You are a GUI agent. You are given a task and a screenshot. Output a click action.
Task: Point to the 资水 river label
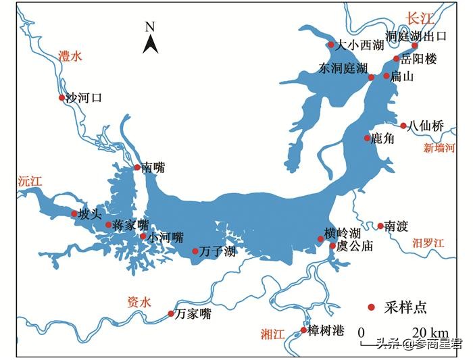(139, 302)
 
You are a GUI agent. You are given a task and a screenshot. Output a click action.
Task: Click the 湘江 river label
(274, 333)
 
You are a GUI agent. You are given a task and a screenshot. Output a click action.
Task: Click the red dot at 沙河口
(61, 98)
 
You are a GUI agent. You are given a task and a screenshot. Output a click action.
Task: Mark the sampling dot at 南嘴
(137, 167)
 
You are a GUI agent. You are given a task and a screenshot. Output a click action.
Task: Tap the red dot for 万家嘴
(170, 313)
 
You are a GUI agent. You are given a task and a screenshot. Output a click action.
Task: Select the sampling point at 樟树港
(303, 330)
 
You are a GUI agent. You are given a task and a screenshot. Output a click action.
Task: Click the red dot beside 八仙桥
(403, 126)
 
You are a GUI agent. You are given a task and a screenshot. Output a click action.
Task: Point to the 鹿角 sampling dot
(367, 138)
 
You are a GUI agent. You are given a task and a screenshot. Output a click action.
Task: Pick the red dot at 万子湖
(195, 251)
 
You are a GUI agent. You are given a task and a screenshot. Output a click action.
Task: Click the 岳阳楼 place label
(419, 59)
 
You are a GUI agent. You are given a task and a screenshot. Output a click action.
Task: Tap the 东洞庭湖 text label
(343, 70)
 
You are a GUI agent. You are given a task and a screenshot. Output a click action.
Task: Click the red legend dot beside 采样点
(371, 307)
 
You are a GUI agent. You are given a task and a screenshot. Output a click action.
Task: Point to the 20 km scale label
(430, 332)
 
